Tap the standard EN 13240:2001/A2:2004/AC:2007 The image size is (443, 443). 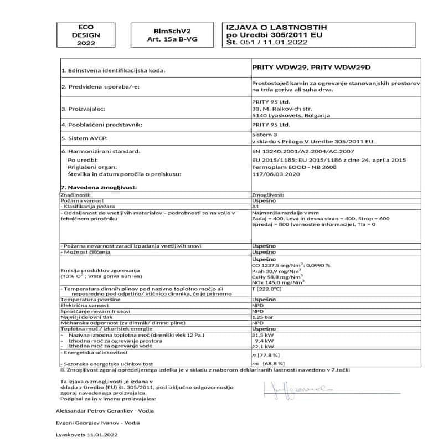click(300, 151)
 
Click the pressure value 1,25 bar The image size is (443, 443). click(262, 317)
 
